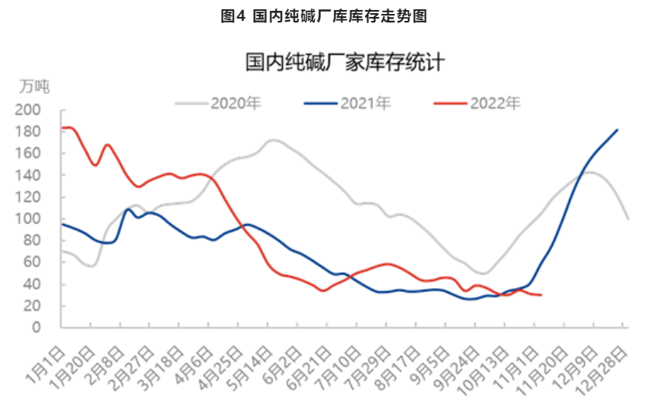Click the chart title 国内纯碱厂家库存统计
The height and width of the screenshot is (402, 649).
(x=345, y=63)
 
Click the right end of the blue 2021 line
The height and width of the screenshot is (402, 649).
(x=617, y=129)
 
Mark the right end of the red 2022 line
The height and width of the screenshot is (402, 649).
(x=540, y=295)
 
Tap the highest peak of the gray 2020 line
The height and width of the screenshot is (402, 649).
(x=273, y=140)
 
